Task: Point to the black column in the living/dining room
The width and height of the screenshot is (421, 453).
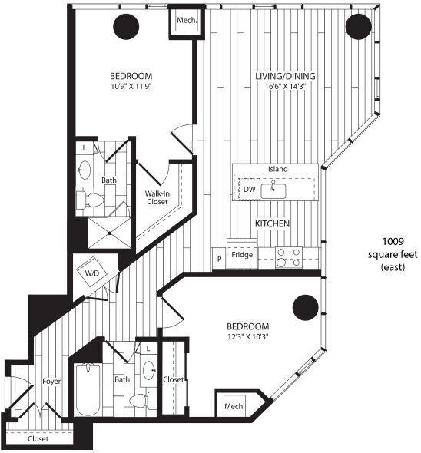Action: tap(359, 27)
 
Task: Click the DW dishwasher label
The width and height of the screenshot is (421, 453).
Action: tap(250, 188)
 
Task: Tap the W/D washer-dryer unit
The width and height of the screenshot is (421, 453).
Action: tap(92, 273)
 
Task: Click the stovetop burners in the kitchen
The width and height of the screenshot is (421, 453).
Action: tap(290, 256)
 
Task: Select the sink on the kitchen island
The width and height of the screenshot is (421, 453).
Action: tap(274, 189)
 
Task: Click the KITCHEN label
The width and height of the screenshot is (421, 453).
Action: tap(272, 223)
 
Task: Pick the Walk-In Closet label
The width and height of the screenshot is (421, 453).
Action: tap(157, 198)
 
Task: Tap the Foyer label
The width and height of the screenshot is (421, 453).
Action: tap(51, 381)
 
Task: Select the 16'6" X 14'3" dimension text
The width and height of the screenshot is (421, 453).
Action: tap(286, 87)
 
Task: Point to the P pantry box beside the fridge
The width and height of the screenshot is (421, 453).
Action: tap(219, 258)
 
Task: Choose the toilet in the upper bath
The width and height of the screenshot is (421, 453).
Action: tap(94, 201)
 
